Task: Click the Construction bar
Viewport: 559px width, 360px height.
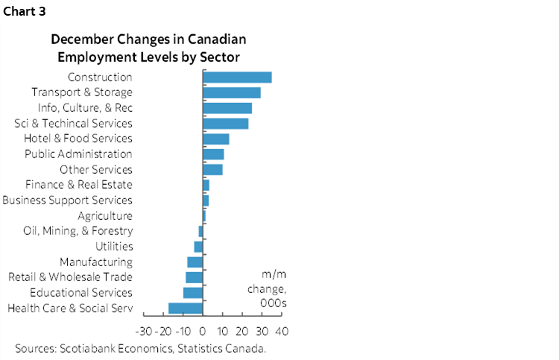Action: (x=237, y=77)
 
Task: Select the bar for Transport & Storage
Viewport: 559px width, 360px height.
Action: (x=232, y=92)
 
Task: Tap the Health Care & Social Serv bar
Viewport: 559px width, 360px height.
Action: (x=186, y=308)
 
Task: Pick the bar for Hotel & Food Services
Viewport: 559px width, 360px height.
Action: (x=216, y=139)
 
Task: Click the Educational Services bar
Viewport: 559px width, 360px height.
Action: (x=193, y=292)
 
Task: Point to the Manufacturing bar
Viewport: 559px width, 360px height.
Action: (x=195, y=262)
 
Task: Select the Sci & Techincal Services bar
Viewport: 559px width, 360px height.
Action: (x=226, y=123)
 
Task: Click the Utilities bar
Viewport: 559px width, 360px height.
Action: (x=198, y=247)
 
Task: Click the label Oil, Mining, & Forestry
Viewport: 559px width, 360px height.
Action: (x=78, y=231)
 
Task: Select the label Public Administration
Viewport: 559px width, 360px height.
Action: (x=78, y=154)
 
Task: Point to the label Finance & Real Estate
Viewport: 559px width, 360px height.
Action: (x=78, y=185)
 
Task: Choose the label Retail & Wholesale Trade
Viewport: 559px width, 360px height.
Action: (x=70, y=277)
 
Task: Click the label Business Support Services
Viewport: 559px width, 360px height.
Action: (x=68, y=200)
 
